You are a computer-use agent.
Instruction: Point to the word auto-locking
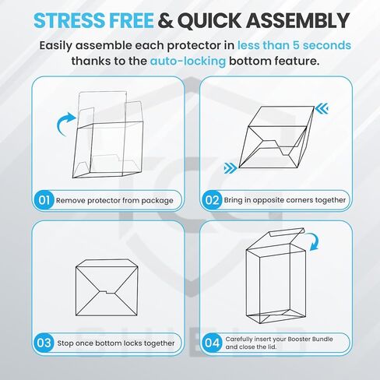tap(188, 62)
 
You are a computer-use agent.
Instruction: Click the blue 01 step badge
tap(44, 200)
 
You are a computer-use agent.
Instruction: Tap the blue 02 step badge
tap(213, 200)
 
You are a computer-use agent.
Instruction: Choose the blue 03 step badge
tap(44, 343)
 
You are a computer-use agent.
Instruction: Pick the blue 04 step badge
tap(213, 343)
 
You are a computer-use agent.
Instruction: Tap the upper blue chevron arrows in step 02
tap(322, 108)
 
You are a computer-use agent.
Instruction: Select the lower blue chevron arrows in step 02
tap(230, 168)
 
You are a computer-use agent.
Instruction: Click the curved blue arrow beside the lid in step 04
tap(314, 241)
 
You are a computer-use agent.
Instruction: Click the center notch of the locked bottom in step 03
tap(107, 292)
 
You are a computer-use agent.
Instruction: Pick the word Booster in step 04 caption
tap(296, 339)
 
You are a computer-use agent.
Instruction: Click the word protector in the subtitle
tap(194, 46)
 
